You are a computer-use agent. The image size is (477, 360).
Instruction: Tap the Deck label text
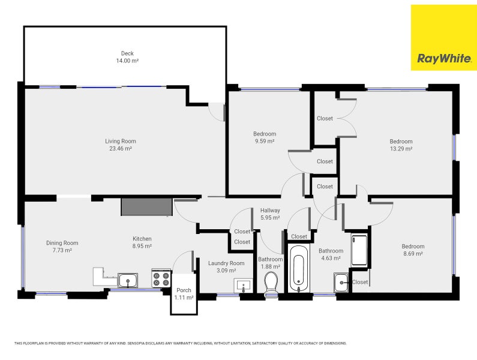coord(127,53)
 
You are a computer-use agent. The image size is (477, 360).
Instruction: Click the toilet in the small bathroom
coord(271,283)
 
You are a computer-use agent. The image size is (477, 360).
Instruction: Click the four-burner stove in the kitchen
coord(161,279)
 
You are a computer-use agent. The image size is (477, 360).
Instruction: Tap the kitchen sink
coord(128,280)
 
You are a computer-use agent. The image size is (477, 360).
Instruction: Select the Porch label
coord(184,290)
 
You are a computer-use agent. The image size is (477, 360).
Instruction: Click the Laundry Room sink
coord(243,285)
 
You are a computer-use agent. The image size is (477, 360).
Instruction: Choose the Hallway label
coord(270,211)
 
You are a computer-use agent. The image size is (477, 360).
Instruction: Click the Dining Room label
coord(62,243)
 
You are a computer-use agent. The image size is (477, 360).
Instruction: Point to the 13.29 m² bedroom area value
coord(400,149)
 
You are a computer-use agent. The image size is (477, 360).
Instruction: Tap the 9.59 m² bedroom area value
coord(264,141)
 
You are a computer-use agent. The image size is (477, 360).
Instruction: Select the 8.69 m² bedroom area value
coord(413,254)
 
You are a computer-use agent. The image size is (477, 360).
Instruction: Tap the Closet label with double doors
coord(325,119)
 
